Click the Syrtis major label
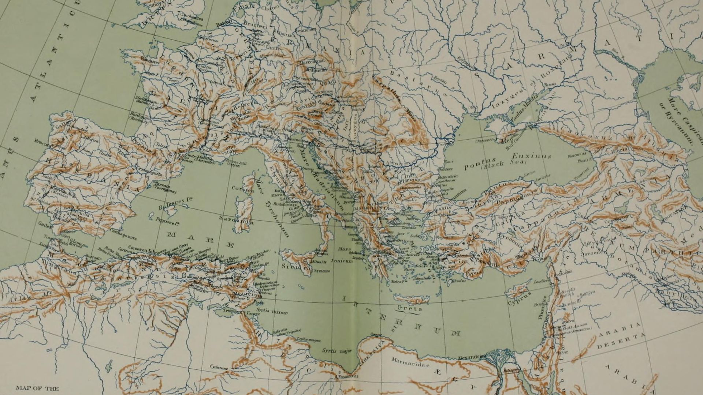[x=337, y=351]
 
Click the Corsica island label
[x=242, y=189]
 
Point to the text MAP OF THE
[x=37, y=388]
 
